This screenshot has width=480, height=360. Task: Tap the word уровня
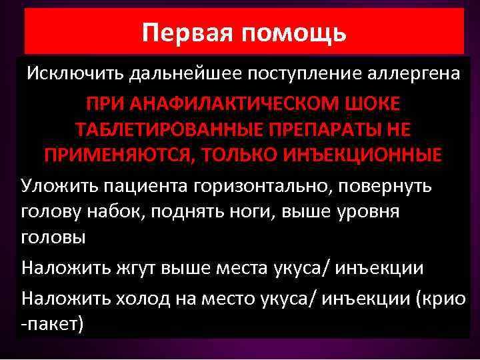tap(375, 211)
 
